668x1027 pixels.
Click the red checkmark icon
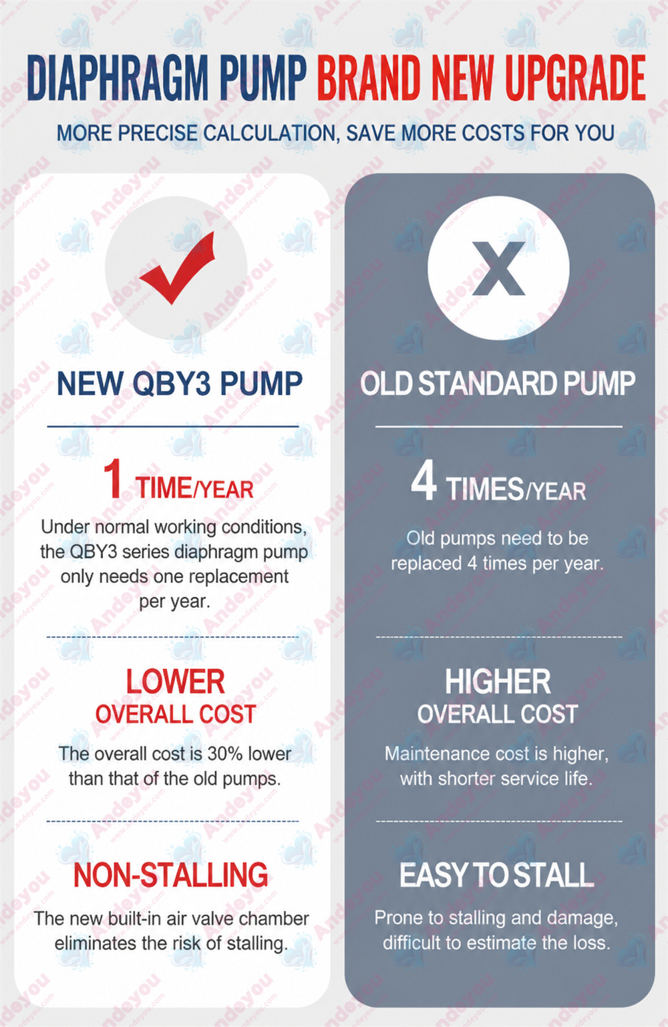point(177,268)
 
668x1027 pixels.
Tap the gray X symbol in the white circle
point(498,268)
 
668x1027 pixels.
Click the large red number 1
point(113,479)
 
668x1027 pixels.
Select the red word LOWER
point(175,682)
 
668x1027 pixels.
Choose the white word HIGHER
point(498,682)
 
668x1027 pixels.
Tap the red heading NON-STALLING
point(170,875)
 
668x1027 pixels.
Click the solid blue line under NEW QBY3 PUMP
point(173,427)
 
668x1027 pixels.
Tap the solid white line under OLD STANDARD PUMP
point(499,427)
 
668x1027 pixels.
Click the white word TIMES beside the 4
point(484,489)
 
